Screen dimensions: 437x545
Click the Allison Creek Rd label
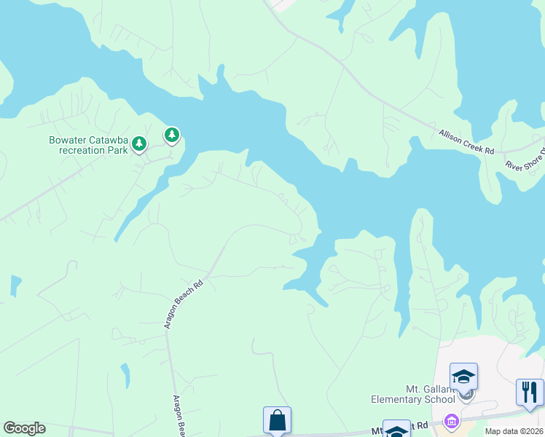[x=466, y=141]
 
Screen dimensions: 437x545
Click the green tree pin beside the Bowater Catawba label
[x=139, y=145]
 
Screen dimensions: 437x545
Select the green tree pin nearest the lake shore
[x=172, y=135]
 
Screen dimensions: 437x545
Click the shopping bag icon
[x=277, y=420]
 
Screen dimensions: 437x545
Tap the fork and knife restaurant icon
[x=529, y=391]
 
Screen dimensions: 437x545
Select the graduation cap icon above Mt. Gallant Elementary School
[x=463, y=377]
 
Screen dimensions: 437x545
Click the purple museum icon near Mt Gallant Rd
[x=451, y=422]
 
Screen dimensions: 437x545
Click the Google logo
[x=24, y=428]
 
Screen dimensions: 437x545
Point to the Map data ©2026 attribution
[x=514, y=431]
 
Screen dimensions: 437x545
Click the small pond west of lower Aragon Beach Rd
[x=125, y=375]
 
